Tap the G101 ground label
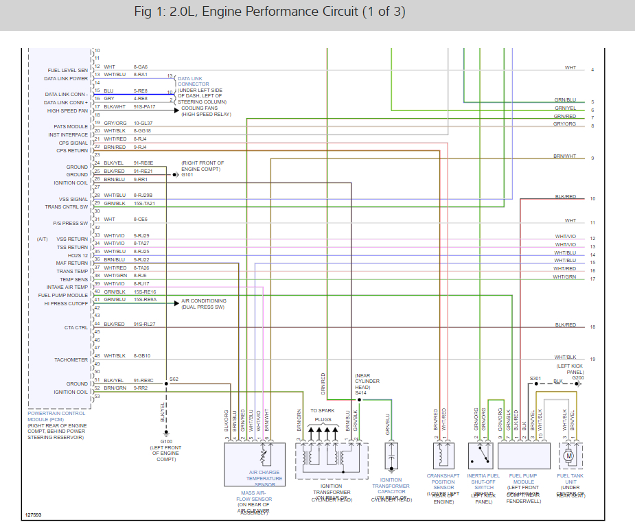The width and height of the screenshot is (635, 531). click(x=188, y=175)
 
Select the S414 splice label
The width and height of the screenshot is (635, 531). click(x=361, y=393)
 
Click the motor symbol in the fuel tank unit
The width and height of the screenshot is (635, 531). click(x=568, y=456)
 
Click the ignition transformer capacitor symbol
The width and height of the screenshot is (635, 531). click(x=391, y=456)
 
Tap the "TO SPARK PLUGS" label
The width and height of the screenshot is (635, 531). click(x=323, y=414)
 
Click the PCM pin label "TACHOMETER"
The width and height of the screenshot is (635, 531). click(x=71, y=359)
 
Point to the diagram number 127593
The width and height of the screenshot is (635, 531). click(x=33, y=515)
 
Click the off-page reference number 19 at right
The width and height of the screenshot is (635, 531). click(x=592, y=359)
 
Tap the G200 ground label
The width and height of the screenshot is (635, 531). click(x=578, y=378)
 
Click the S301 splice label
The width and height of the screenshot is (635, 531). click(x=535, y=378)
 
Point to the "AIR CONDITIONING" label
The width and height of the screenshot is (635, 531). click(x=204, y=301)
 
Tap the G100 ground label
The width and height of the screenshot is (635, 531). click(x=167, y=442)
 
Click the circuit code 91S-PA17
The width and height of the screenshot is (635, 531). click(x=145, y=106)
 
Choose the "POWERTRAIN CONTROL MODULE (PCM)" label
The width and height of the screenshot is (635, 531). click(x=57, y=417)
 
